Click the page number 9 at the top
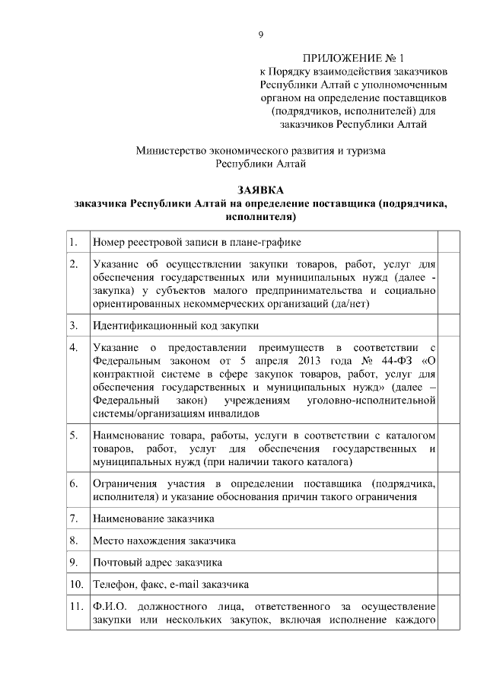pos(260,34)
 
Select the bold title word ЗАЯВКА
pos(260,190)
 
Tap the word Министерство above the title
pos(174,151)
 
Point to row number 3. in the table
pos(73,325)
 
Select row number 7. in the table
pos(73,518)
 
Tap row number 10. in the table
pos(75,585)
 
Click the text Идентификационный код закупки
pos(175,325)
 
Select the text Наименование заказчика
pos(153,518)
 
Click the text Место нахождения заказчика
pos(164,541)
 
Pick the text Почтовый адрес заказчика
pos(157,563)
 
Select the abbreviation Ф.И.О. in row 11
pos(108,607)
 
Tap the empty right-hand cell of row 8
pos(449,541)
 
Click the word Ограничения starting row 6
pos(120,483)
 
